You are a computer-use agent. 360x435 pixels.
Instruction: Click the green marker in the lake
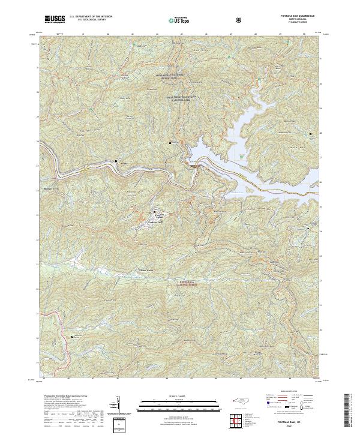coord(241,157)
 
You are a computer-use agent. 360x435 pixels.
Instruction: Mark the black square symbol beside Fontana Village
coord(154,211)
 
